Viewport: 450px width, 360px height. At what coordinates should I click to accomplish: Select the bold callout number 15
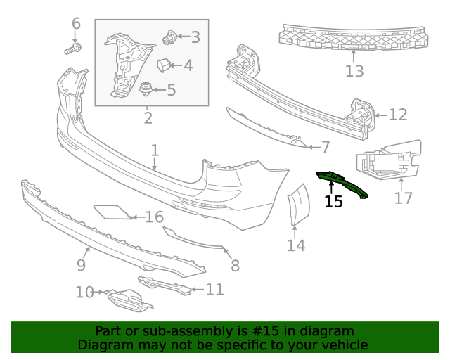[x=333, y=202]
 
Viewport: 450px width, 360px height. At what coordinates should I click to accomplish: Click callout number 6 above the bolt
[x=77, y=25]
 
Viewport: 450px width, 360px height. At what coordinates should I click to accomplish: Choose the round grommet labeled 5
[x=146, y=89]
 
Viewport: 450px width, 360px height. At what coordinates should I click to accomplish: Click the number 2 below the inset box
[x=148, y=117]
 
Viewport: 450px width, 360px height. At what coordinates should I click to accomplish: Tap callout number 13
[x=354, y=71]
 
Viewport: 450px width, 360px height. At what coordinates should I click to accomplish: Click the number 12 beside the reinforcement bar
[x=397, y=115]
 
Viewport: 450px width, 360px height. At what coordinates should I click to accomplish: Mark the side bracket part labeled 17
[x=388, y=163]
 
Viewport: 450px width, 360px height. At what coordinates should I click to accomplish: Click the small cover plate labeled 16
[x=110, y=212]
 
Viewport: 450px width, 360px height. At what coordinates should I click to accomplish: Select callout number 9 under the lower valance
[x=81, y=265]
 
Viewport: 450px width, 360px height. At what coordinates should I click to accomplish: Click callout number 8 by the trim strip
[x=235, y=266]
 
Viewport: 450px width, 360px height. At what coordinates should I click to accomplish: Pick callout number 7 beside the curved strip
[x=325, y=147]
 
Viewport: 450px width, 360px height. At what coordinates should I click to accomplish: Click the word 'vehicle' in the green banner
[x=342, y=345]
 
